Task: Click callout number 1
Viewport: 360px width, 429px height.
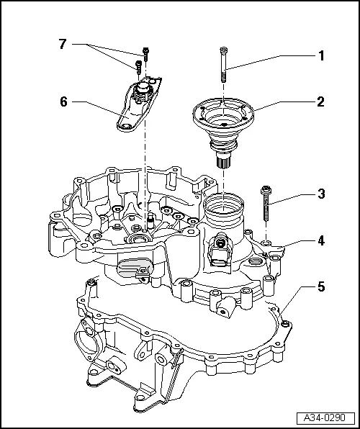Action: [x=322, y=55]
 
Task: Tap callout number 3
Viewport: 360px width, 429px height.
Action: [x=322, y=194]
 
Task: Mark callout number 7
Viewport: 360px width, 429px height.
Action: [x=63, y=45]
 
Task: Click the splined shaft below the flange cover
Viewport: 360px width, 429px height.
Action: [x=225, y=159]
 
